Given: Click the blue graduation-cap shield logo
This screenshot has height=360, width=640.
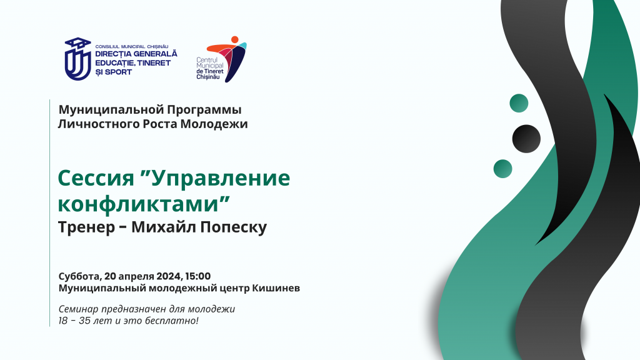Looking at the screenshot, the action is click(x=77, y=59).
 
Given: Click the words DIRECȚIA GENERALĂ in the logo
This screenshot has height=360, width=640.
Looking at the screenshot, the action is click(x=136, y=54).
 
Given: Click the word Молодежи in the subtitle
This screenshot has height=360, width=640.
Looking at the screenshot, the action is click(x=214, y=124).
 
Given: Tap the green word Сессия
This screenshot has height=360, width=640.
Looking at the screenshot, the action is click(x=96, y=178).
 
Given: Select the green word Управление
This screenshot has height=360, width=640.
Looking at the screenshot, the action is click(x=221, y=178).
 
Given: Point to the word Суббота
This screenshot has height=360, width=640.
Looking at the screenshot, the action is click(x=79, y=276).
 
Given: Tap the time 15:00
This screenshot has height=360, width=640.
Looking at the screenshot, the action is click(x=198, y=276).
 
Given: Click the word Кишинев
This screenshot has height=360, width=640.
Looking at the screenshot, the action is click(x=276, y=288).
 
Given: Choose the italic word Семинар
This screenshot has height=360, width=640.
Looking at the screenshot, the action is click(x=79, y=309).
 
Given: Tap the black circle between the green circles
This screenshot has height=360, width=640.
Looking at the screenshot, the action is click(x=526, y=139).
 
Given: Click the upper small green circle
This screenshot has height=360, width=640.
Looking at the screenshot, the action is click(x=519, y=103).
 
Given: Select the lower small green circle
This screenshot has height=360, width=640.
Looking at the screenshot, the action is click(x=503, y=169).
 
